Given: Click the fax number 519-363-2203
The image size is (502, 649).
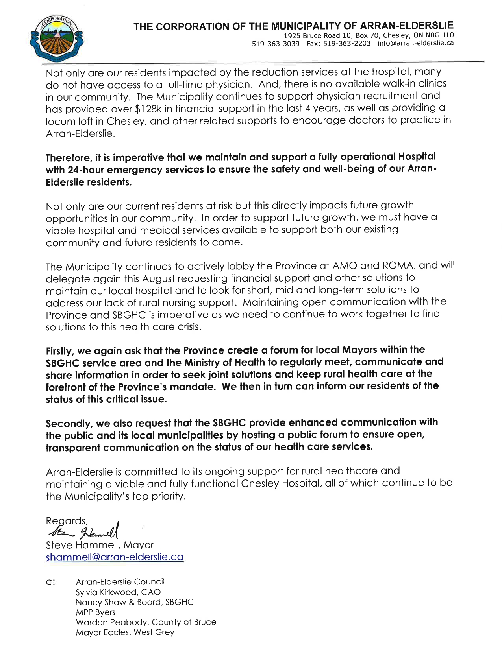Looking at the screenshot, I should (x=346, y=43).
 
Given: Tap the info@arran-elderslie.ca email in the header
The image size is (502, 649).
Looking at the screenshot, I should (x=415, y=43).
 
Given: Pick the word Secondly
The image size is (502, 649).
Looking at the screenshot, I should (x=68, y=424).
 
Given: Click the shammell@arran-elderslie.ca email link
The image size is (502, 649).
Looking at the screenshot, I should (x=115, y=557).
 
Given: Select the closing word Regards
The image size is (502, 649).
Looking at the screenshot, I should (x=66, y=521).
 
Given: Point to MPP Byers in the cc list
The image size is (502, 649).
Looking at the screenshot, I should (x=96, y=612).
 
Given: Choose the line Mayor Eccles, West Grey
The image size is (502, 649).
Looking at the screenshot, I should (x=125, y=632).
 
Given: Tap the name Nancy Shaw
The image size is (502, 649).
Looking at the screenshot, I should (x=94, y=602).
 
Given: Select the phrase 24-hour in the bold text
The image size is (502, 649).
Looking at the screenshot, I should (x=86, y=170).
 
